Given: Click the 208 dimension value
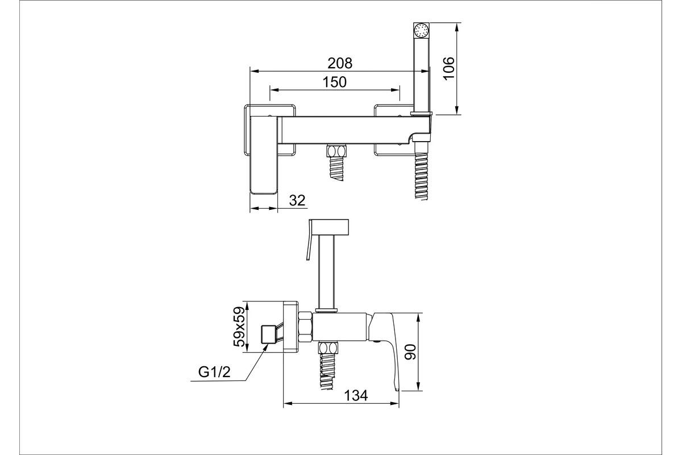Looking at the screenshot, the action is click(340, 63).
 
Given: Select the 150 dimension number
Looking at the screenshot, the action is click(334, 82).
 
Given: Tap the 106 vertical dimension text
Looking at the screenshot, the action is click(448, 68).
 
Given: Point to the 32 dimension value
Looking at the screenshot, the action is click(297, 201).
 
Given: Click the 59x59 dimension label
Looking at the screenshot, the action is click(239, 326).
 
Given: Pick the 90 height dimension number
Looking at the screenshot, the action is click(410, 351).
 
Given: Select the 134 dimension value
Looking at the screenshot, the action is click(356, 396).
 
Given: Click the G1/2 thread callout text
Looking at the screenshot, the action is click(214, 372).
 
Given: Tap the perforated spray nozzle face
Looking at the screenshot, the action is click(421, 31).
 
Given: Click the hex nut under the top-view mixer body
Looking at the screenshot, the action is click(336, 151).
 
